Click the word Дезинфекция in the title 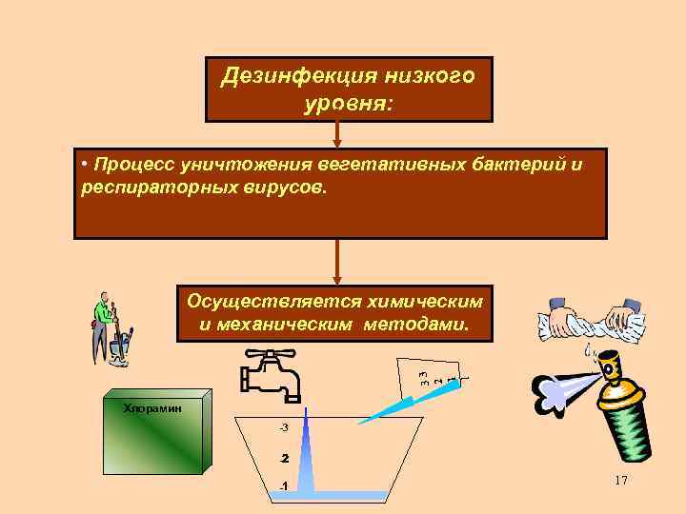(x=286, y=76)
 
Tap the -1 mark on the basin (x=283, y=487)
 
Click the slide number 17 (x=621, y=482)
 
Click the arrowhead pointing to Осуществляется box (x=337, y=276)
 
